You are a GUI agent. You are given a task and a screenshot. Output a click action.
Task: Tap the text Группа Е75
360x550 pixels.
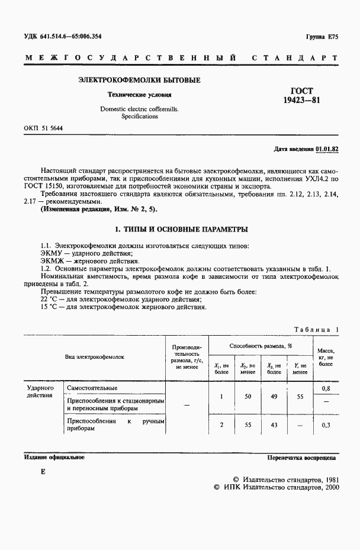pos(322,37)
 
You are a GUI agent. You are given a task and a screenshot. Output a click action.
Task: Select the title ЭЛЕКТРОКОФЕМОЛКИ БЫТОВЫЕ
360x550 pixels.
pos(139,80)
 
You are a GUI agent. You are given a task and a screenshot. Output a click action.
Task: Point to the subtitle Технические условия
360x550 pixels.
pos(139,94)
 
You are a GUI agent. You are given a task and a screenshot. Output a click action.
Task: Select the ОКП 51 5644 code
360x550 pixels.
pos(44,128)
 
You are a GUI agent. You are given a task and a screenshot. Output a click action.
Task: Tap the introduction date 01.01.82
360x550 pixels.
pos(327,149)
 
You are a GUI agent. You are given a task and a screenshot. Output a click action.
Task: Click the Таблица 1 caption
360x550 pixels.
pos(316,329)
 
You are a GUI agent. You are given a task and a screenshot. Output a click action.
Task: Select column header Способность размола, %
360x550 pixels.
pos(261,345)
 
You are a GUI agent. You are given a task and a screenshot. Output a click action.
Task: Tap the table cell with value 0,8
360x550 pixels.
pos(325,388)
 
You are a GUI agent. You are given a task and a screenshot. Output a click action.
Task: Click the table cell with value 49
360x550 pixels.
pos(274,397)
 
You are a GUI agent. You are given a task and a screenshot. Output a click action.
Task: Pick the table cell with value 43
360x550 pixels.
pos(274,425)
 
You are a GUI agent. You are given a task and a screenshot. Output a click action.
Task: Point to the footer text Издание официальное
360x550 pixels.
pos(54,457)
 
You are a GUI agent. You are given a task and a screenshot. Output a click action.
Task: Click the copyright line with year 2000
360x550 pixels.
pos(276,488)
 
